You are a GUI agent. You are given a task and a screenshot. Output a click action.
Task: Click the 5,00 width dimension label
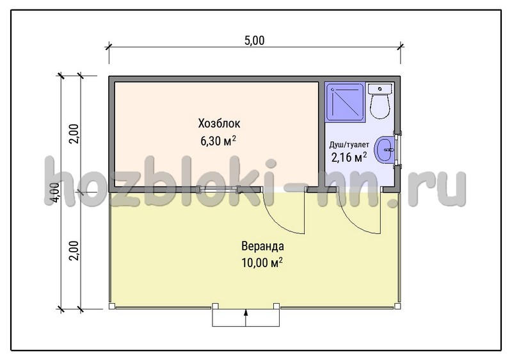(x=254, y=40)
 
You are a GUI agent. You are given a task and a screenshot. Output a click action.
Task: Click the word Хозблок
(x=219, y=124)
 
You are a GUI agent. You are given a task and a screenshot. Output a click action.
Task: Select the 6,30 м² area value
(x=218, y=141)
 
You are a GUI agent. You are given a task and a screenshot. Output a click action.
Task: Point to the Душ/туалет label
(x=349, y=145)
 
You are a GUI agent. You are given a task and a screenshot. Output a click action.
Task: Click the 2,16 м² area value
(x=349, y=158)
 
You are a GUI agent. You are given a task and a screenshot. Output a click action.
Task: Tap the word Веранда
(x=262, y=246)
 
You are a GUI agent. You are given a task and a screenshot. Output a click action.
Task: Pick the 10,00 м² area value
(x=262, y=263)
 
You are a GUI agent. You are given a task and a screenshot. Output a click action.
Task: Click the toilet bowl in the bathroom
(x=380, y=106)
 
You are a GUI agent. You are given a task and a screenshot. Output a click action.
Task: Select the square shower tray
(x=346, y=102)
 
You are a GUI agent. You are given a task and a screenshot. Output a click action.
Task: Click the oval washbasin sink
(x=385, y=150)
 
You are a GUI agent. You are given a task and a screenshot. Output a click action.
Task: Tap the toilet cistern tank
(x=380, y=88)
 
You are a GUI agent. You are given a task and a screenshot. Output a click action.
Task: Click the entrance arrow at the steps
(x=246, y=317)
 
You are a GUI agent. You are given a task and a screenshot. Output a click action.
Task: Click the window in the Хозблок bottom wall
(x=218, y=189)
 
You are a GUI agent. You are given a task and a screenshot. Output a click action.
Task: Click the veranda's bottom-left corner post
(x=112, y=306)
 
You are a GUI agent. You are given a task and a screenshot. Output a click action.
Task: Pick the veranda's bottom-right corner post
(x=397, y=306)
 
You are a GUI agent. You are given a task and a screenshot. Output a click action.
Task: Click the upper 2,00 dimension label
(x=74, y=134)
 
